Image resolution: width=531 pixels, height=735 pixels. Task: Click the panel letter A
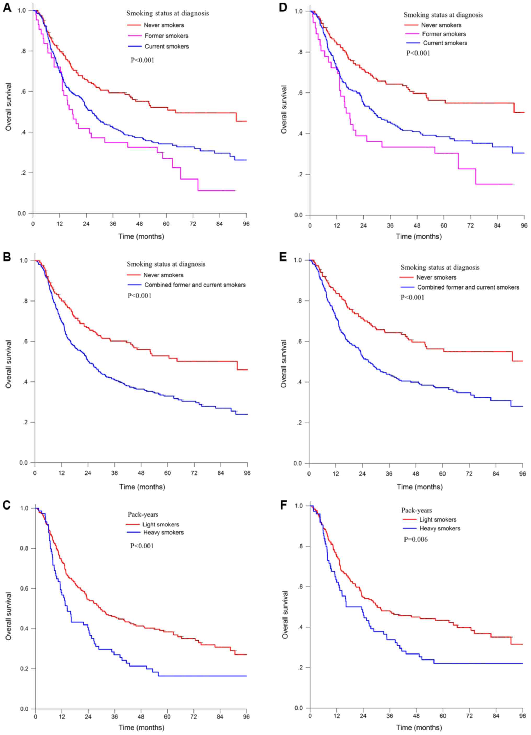point(7,8)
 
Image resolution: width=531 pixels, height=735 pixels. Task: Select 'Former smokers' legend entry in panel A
point(166,36)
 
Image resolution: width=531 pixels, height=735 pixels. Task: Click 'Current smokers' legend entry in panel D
point(445,43)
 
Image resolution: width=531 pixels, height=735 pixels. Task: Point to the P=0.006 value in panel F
point(416,539)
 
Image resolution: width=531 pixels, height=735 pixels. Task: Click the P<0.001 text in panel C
point(142,546)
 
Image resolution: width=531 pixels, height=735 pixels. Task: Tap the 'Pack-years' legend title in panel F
point(416,510)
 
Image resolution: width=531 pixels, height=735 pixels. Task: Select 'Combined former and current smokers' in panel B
point(195,285)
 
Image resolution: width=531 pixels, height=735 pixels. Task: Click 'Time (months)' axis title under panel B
point(142,487)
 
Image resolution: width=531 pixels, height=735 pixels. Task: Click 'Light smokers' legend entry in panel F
point(438,519)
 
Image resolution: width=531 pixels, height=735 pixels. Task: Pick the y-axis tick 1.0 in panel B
point(24,260)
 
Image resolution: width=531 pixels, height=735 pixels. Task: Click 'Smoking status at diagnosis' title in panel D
point(443,15)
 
